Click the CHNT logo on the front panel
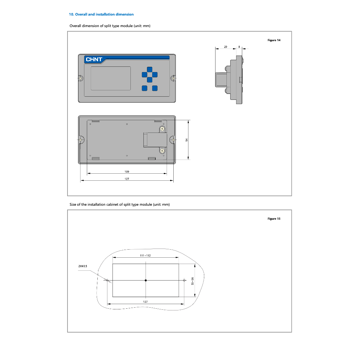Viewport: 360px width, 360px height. tap(94, 59)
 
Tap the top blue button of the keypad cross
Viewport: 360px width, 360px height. tap(149, 69)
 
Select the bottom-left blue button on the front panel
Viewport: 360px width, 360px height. tap(144, 88)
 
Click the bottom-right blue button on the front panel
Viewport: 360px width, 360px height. tap(155, 88)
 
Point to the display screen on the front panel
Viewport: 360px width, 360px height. tap(111, 78)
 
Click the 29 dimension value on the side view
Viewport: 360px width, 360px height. tap(225, 47)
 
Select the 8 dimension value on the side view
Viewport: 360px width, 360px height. tap(239, 47)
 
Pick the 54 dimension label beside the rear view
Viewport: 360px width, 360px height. tap(187, 140)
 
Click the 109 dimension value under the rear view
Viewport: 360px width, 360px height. tap(127, 172)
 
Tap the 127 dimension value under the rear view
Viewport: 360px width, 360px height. tap(127, 179)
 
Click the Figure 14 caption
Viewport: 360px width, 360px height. tap(274, 40)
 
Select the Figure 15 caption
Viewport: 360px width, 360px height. tap(274, 219)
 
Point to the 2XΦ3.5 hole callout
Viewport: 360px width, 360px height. tap(83, 266)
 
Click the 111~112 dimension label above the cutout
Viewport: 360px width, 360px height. tap(145, 256)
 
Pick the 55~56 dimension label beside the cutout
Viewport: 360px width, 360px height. tap(192, 281)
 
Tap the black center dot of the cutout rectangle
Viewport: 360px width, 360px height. tap(146, 280)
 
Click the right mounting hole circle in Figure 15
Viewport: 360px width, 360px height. tap(184, 280)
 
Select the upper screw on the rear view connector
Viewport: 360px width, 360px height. tap(162, 129)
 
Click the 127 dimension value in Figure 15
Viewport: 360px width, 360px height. tap(145, 302)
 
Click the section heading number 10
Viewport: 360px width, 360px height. tap(71, 14)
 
